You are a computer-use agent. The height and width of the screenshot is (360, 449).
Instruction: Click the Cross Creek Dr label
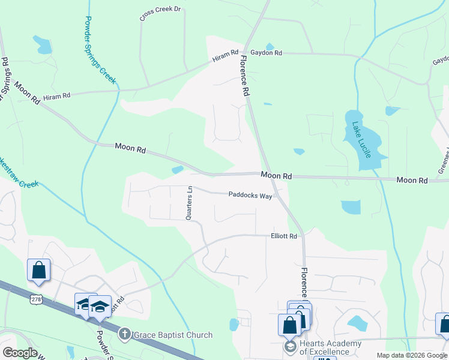click(x=160, y=14)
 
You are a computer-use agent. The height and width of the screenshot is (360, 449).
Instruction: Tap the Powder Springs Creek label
click(x=100, y=50)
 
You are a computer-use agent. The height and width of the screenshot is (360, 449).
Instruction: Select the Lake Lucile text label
click(x=362, y=140)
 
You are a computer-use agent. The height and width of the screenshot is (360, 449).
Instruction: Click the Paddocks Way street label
click(x=250, y=195)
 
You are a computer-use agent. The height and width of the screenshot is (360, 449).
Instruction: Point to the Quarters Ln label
click(x=189, y=203)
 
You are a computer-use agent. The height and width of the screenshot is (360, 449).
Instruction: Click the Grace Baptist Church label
click(x=173, y=335)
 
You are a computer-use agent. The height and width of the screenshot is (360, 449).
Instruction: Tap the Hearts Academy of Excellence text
click(x=325, y=347)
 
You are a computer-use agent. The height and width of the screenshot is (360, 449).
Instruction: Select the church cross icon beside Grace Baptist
click(x=124, y=333)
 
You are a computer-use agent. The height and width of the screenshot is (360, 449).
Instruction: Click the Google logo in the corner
click(x=20, y=353)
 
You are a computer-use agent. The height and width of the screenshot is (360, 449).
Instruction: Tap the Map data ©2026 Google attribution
click(x=411, y=355)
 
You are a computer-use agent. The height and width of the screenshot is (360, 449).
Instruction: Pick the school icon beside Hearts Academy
click(x=291, y=347)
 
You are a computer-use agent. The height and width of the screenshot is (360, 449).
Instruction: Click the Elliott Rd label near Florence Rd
click(x=284, y=236)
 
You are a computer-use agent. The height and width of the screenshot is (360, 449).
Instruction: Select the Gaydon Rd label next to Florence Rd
click(x=266, y=53)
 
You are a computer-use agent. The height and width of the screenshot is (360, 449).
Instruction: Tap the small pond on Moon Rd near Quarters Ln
click(x=177, y=170)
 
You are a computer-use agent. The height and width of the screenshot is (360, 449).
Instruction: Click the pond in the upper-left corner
click(x=42, y=44)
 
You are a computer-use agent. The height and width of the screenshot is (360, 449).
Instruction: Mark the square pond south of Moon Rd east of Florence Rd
click(x=351, y=207)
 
